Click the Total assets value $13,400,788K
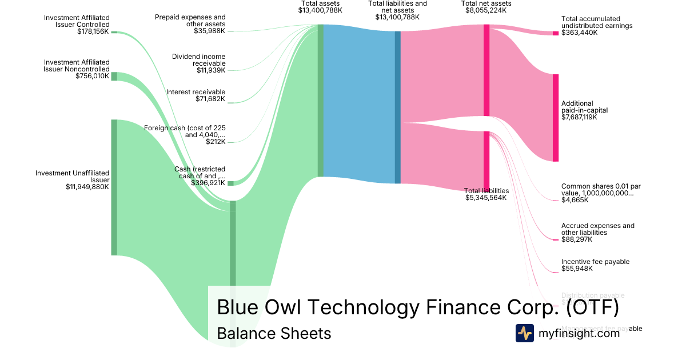[x=320, y=10]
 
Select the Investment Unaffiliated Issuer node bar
[x=114, y=187]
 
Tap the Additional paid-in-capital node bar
[x=555, y=118]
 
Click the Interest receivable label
[x=196, y=92]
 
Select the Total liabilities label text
[x=486, y=191]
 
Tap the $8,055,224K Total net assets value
[x=486, y=10]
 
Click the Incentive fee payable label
[x=595, y=262]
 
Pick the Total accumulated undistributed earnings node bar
[x=555, y=33]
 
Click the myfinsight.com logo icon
[x=525, y=333]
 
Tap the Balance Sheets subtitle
[x=274, y=333]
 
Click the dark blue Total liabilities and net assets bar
[x=397, y=107]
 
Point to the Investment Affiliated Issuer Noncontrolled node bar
[x=114, y=77]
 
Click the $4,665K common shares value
[x=576, y=201]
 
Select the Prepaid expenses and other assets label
[x=190, y=21]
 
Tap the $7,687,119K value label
[x=579, y=118]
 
